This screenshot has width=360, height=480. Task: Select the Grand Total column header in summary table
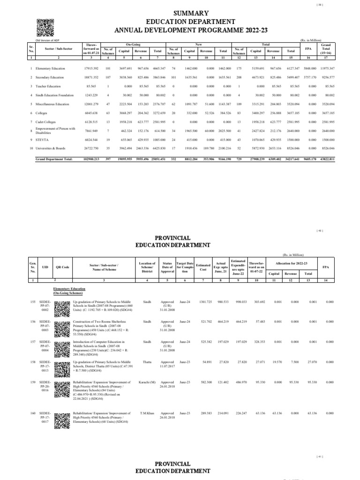pyautogui.click(x=327, y=48)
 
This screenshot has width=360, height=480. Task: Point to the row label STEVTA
pyautogui.click(x=42, y=140)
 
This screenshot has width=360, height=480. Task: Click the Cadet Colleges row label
pyautogui.click(x=47, y=122)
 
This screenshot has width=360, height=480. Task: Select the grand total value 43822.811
pyautogui.click(x=326, y=159)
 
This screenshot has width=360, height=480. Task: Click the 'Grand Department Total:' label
pyautogui.click(x=54, y=159)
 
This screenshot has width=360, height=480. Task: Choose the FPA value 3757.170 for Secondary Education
pyautogui.click(x=307, y=77)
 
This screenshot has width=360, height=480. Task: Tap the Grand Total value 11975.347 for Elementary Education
pyautogui.click(x=326, y=68)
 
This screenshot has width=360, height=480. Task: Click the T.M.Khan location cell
pyautogui.click(x=148, y=413)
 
